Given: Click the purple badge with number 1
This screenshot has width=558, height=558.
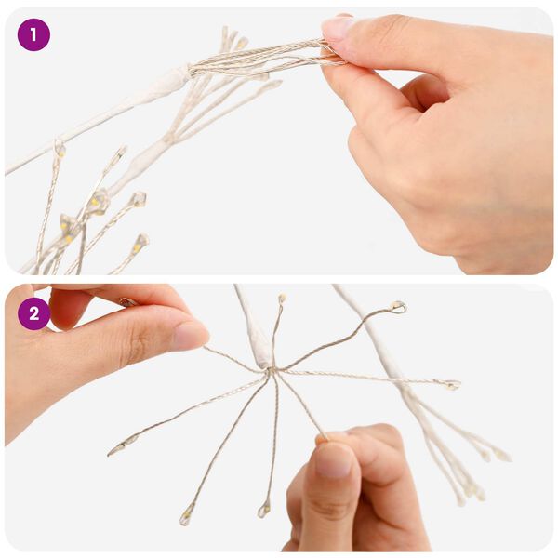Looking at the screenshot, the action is [x=33, y=35].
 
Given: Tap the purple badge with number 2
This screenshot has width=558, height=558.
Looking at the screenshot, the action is [x=33, y=314].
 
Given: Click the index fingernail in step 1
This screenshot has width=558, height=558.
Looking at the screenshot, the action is [x=337, y=27].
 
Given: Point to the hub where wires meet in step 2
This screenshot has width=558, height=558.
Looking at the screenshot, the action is [x=271, y=370].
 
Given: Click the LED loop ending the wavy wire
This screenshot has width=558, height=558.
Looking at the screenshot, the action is [x=398, y=306].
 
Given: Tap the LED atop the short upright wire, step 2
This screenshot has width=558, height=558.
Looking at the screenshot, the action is [x=282, y=298].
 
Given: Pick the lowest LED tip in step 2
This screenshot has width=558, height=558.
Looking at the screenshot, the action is [x=186, y=514].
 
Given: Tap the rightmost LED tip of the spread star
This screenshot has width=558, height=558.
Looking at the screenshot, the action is [x=453, y=384].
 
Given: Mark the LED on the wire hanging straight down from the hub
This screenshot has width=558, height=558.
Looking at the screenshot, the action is [x=264, y=510].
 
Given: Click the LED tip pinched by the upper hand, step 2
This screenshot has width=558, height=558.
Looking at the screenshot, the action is [x=129, y=301].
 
